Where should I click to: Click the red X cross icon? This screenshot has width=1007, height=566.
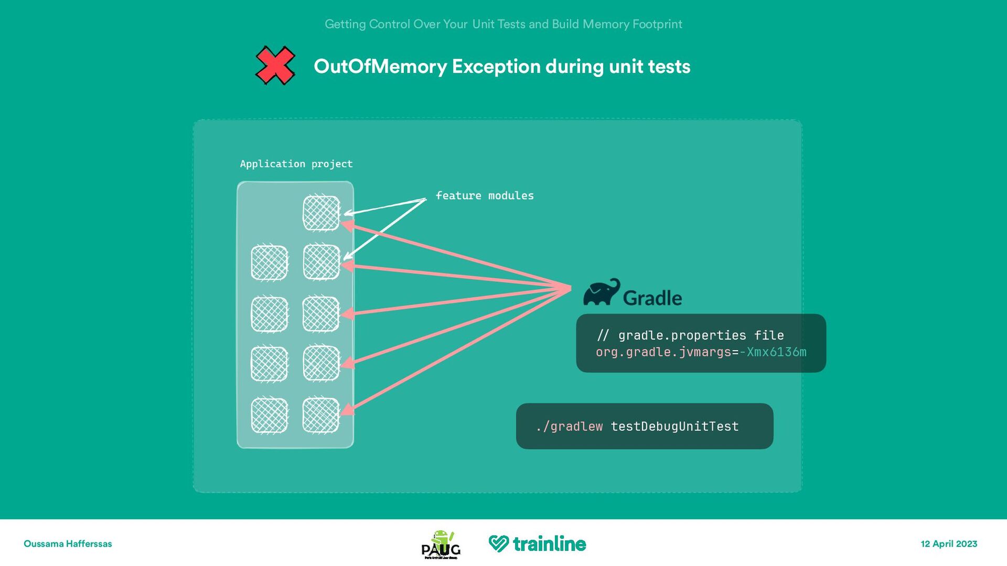[x=275, y=66]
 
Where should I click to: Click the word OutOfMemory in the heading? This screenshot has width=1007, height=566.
[x=380, y=67]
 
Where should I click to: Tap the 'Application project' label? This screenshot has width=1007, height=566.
[x=296, y=164]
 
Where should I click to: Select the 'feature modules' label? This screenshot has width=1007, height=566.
[x=485, y=195]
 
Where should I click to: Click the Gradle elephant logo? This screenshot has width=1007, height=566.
[x=601, y=292]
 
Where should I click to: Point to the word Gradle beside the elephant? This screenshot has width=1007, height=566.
[x=652, y=298]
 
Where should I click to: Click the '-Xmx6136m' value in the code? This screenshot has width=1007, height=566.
[x=773, y=352]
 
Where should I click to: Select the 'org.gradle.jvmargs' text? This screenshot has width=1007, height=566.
[x=663, y=352]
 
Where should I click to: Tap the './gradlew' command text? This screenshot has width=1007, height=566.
[x=570, y=427]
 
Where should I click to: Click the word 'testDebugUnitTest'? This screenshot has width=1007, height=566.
[x=674, y=427]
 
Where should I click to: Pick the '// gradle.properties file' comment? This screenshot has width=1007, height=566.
[x=690, y=335]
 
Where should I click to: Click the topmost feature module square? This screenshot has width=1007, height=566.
[x=322, y=212]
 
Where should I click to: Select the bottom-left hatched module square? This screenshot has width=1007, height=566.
[x=270, y=416]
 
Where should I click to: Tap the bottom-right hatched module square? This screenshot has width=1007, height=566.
[x=321, y=416]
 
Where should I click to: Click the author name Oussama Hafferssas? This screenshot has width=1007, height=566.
[x=68, y=544]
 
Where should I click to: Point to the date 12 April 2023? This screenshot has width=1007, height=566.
[x=949, y=544]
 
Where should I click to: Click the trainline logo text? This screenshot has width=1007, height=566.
[x=549, y=544]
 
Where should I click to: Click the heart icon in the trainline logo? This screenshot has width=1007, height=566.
[x=498, y=544]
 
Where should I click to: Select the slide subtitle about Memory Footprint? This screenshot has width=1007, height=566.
[x=503, y=24]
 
